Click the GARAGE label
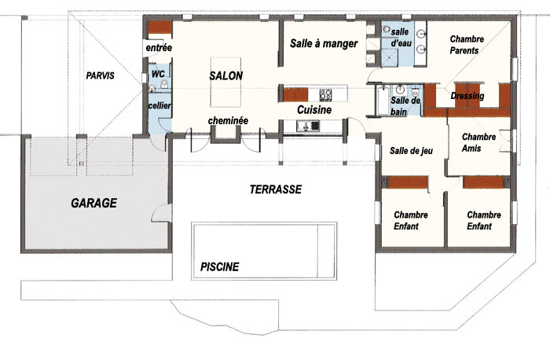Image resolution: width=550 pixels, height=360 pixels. [94, 203]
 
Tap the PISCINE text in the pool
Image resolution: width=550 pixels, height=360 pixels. [219, 267]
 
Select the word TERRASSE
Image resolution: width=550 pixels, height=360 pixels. [276, 189]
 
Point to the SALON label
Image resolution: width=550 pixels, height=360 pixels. [226, 75]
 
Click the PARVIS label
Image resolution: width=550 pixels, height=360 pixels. [101, 75]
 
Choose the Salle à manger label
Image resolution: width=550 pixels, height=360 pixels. [324, 43]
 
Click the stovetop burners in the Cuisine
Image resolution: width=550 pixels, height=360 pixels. [325, 94]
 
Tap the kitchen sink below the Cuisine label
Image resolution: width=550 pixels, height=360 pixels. [308, 126]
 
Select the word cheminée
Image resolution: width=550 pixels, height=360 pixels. [228, 121]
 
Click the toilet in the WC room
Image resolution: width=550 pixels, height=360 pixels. [164, 84]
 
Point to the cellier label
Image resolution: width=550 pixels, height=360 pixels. [159, 105]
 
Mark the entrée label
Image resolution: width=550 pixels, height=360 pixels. [159, 48]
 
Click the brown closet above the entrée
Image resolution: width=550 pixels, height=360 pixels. [159, 28]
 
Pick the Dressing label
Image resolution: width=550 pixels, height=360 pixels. [467, 96]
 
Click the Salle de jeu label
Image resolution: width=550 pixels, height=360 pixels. [411, 151]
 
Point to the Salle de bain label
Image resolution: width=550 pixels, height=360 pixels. [405, 106]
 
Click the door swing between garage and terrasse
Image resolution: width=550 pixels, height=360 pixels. [160, 213]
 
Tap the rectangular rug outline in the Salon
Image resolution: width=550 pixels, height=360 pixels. [226, 82]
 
